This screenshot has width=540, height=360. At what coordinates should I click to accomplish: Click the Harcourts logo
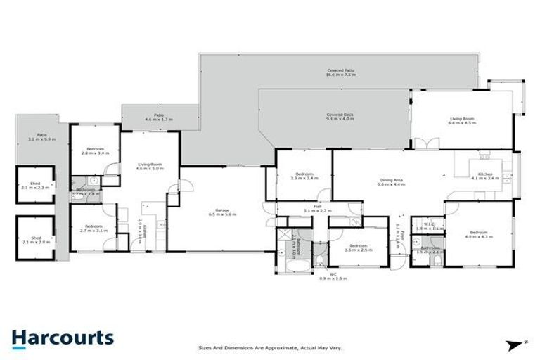pos(62,337)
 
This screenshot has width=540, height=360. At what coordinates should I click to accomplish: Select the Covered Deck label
pos(340,117)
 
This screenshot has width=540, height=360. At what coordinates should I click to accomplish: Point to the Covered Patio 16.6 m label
pos(341,72)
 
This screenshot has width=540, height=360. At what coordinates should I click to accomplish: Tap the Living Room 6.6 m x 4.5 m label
pos(463,121)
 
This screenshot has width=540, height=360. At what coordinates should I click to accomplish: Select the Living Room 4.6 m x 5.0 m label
pos(149,167)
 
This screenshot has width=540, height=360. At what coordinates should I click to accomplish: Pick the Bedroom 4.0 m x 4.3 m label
pos(479,234)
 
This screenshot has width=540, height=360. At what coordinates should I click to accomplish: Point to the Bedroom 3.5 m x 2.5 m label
pos(357,247)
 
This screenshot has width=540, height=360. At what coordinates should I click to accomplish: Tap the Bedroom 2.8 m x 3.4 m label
pos(96,150)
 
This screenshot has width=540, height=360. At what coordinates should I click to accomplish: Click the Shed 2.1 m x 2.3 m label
pos(35,186)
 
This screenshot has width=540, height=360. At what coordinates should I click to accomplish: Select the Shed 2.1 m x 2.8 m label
pos(35,240)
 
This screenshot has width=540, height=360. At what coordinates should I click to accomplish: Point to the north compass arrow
pos(512,343)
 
